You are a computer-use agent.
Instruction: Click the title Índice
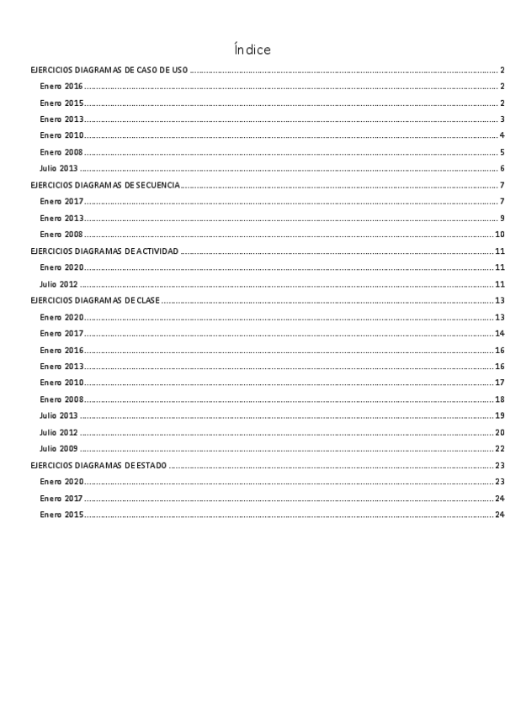[252, 50]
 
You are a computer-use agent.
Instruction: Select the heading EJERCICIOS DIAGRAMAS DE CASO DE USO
[109, 70]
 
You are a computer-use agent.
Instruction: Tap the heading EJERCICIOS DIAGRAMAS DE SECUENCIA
[104, 185]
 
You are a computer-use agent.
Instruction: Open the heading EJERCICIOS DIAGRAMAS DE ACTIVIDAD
[104, 251]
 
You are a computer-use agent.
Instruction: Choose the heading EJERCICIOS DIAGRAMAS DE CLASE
[95, 300]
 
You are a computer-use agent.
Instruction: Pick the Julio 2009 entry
[59, 448]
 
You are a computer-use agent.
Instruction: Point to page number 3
[502, 119]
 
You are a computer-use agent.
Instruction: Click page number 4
[502, 135]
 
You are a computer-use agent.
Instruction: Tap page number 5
[502, 152]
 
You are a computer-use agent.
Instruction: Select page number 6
[502, 169]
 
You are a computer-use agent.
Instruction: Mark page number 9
[502, 218]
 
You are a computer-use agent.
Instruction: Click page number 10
[499, 235]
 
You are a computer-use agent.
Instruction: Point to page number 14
[499, 334]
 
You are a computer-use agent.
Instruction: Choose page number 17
[499, 383]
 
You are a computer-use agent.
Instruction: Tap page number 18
[499, 399]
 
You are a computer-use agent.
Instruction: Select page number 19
[499, 415]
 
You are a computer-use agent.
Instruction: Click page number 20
[499, 432]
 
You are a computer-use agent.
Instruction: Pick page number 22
[499, 448]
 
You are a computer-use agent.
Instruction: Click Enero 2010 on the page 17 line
[61, 383]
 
